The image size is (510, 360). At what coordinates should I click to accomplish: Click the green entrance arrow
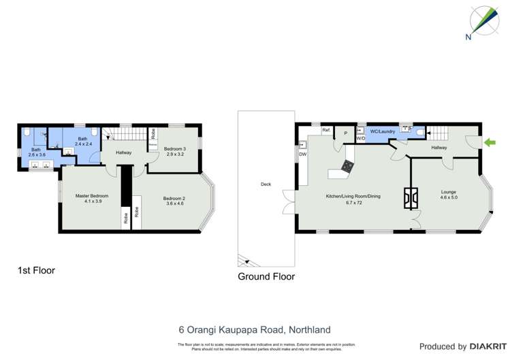(490, 142)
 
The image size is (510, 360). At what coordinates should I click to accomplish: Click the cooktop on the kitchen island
(348, 165)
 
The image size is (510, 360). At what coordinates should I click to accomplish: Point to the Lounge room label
(448, 192)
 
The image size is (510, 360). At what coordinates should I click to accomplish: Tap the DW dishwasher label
(302, 154)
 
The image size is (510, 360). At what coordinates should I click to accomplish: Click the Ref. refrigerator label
(326, 129)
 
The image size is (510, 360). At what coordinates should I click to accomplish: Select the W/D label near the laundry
(360, 138)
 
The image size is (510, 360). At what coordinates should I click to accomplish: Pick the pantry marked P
(345, 133)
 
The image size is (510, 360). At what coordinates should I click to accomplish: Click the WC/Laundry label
(383, 131)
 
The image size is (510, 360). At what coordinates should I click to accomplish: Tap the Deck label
(266, 184)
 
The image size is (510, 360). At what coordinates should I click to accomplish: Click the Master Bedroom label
(92, 196)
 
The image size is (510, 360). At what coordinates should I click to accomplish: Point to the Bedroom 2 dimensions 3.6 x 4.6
(174, 203)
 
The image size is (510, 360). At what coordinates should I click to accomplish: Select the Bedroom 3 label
(175, 148)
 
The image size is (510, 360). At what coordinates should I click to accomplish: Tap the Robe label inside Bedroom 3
(153, 133)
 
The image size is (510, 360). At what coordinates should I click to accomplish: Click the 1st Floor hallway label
(123, 152)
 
